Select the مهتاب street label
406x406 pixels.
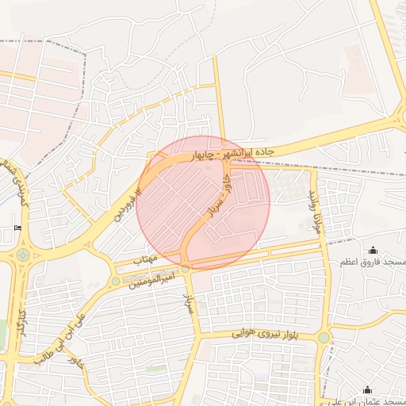tap(145, 259)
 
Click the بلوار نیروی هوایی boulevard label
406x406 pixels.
tap(265, 334)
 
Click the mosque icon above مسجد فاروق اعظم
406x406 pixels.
tap(373, 250)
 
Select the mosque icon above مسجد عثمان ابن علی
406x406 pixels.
tap(367, 389)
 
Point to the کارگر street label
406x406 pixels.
tap(23, 322)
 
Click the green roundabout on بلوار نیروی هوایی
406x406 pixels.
tap(324, 338)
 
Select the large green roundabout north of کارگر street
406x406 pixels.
tap(22, 255)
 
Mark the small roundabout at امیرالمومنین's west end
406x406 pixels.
tap(116, 281)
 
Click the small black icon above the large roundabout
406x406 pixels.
tap(18, 229)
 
